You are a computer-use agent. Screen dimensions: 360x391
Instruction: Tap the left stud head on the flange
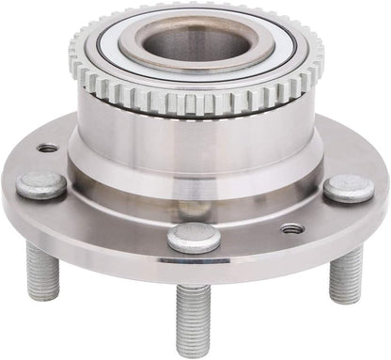[x=41, y=184]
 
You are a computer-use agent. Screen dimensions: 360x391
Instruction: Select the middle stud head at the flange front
[x=195, y=237]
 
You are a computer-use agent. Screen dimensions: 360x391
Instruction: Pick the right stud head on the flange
[x=350, y=188]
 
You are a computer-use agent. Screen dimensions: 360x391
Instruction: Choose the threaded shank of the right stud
[x=346, y=273]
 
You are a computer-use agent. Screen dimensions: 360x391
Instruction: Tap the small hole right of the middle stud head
[x=292, y=228]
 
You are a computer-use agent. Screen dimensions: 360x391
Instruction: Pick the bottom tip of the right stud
[x=345, y=299]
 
